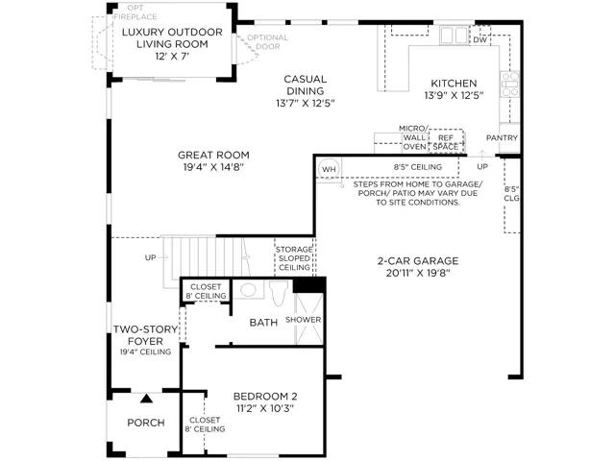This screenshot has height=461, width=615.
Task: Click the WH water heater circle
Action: pyautogui.click(x=329, y=169)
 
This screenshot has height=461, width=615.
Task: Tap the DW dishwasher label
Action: pyautogui.click(x=480, y=40)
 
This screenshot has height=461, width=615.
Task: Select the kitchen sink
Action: pyautogui.click(x=455, y=36)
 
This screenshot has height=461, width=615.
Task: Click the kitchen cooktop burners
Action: pyautogui.click(x=510, y=84)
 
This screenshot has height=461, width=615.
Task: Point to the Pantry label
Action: pyautogui.click(x=502, y=138)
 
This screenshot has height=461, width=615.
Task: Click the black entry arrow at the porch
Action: pyautogui.click(x=147, y=399)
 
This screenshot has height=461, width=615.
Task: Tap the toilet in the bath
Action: pyautogui.click(x=279, y=292)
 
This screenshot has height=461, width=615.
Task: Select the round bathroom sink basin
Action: pyautogui.click(x=248, y=290)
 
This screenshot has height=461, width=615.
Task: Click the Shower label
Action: pyautogui.click(x=304, y=320)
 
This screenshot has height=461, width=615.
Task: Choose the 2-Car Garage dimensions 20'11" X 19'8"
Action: pyautogui.click(x=418, y=273)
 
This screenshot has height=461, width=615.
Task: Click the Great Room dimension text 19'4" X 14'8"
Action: pyautogui.click(x=213, y=167)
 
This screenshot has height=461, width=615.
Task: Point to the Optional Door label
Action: pyautogui.click(x=267, y=42)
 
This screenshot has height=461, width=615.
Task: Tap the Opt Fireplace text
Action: pyautogui.click(x=135, y=12)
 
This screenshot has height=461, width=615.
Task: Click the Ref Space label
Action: pyautogui.click(x=446, y=142)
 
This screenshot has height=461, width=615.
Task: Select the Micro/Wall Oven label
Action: pyautogui.click(x=414, y=137)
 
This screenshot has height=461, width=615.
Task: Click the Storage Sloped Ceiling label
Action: pyautogui.click(x=295, y=258)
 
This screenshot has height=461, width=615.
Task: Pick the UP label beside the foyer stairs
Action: pyautogui.click(x=150, y=257)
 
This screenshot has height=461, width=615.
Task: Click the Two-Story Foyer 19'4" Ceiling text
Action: pyautogui.click(x=145, y=340)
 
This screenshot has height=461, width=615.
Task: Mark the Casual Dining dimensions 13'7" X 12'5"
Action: pyautogui.click(x=306, y=104)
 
